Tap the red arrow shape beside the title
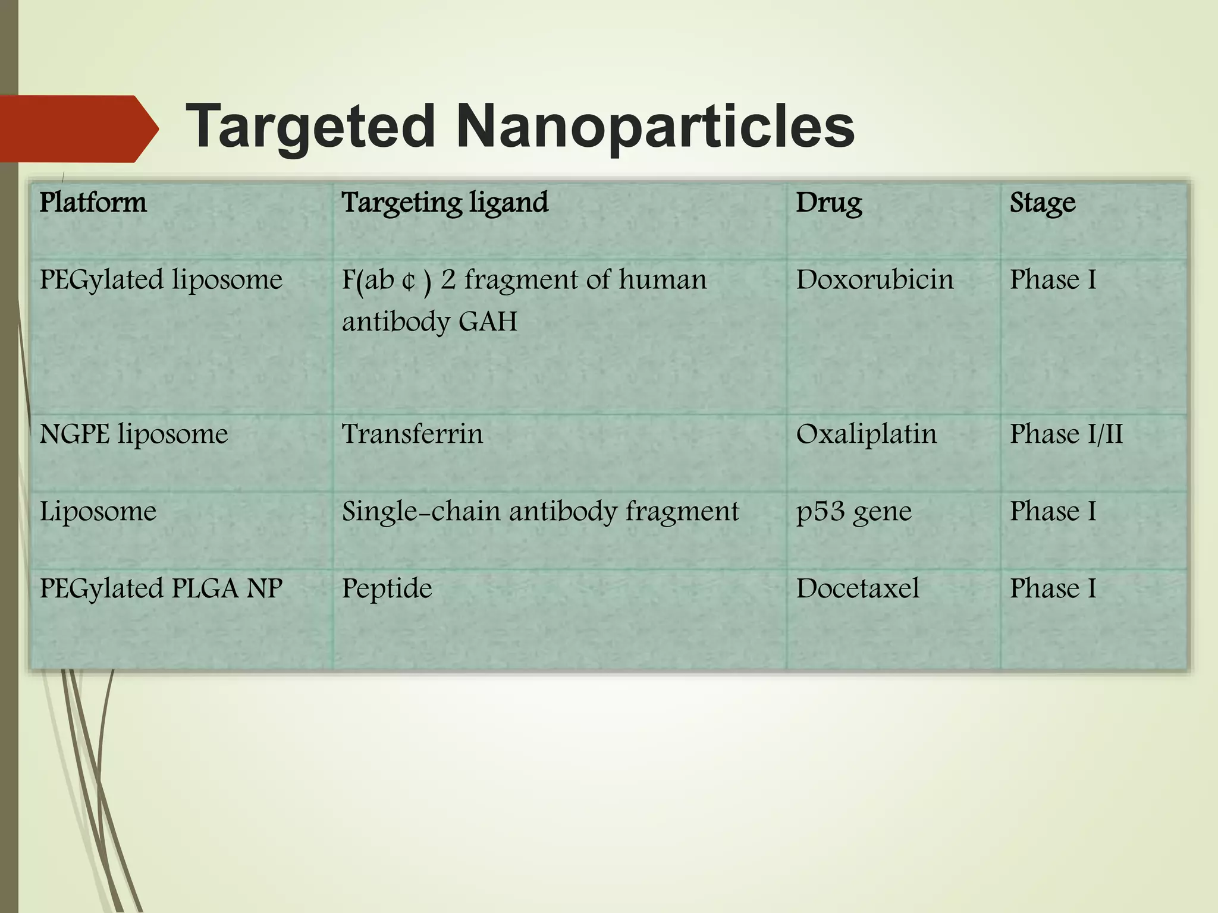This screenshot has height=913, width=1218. coord(77,128)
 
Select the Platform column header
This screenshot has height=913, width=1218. coord(93,203)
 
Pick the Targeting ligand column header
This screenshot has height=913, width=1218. coord(445,203)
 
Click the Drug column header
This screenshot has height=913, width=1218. coord(828,203)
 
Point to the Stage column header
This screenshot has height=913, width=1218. coord(1043,203)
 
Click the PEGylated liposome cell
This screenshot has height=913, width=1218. coord(161,279)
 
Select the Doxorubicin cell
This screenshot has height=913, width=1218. coord(874,279)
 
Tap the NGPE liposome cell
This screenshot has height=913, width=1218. coord(134,434)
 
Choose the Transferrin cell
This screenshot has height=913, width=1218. coord(412,434)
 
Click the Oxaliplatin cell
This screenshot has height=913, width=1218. coord(867,434)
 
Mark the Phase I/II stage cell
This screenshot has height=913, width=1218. coord(1066,434)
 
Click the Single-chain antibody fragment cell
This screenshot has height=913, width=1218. coord(540,511)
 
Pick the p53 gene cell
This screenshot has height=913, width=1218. coord(853,511)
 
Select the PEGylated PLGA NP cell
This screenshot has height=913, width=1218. coord(161,588)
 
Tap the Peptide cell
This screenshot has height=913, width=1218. coord(387,588)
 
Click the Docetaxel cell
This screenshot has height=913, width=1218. coord(858,588)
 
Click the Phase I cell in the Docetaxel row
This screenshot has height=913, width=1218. coord(1053,588)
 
